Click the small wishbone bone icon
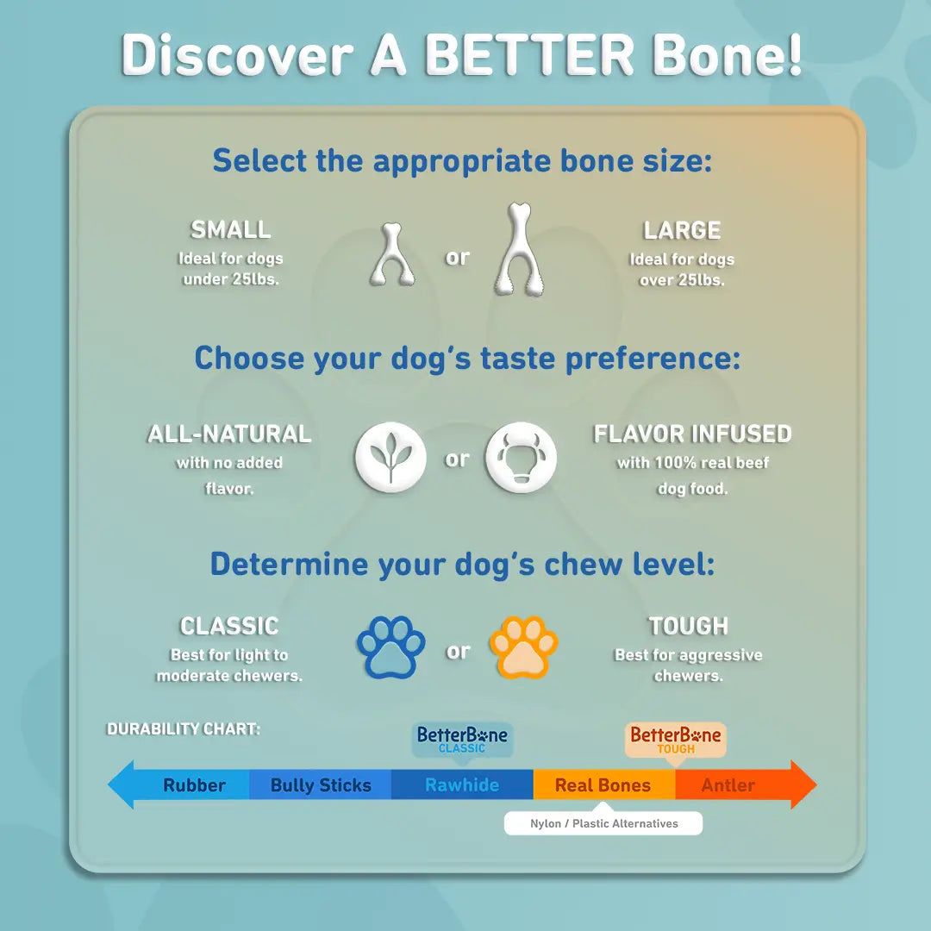pyautogui.click(x=392, y=255)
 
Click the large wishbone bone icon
pyautogui.click(x=519, y=250)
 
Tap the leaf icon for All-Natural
pyautogui.click(x=391, y=457)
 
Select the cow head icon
pyautogui.click(x=521, y=457)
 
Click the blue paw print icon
pyautogui.click(x=391, y=647)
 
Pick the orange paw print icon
pyautogui.click(x=523, y=647)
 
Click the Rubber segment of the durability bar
pyautogui.click(x=194, y=785)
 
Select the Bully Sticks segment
pyautogui.click(x=321, y=785)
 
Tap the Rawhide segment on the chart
pyautogui.click(x=462, y=785)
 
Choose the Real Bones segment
pyautogui.click(x=603, y=785)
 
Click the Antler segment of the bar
pyautogui.click(x=728, y=785)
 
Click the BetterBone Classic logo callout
pyautogui.click(x=462, y=740)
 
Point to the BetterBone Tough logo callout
pyautogui.click(x=676, y=740)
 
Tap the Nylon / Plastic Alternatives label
pyautogui.click(x=603, y=824)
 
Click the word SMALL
pyautogui.click(x=230, y=230)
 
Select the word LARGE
pyautogui.click(x=682, y=231)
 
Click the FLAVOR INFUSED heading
pyautogui.click(x=692, y=434)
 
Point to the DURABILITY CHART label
pyautogui.click(x=183, y=729)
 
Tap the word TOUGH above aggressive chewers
pyautogui.click(x=688, y=626)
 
